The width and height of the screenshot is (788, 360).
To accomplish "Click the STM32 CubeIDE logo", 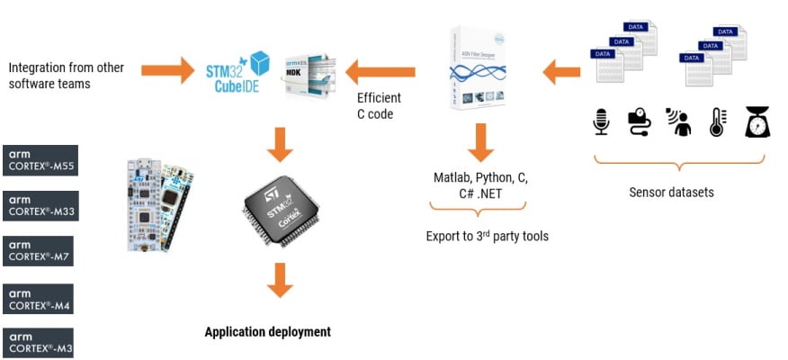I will [x=238, y=68].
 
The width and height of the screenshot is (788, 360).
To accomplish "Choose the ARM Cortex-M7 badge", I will [x=38, y=251].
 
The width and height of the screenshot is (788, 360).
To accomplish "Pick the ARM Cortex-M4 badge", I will [x=38, y=298].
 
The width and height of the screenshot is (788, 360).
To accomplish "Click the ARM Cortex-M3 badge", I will [x=38, y=344].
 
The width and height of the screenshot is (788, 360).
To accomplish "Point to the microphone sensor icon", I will [x=602, y=121].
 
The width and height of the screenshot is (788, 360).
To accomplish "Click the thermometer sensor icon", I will [x=717, y=121].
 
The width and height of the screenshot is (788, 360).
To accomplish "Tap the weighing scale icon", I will [x=756, y=121].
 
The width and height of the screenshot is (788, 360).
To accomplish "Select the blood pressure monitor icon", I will [x=640, y=121].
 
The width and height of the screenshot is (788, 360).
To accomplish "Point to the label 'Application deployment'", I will [x=267, y=332].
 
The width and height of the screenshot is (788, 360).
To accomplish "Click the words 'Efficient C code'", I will [x=379, y=105].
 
